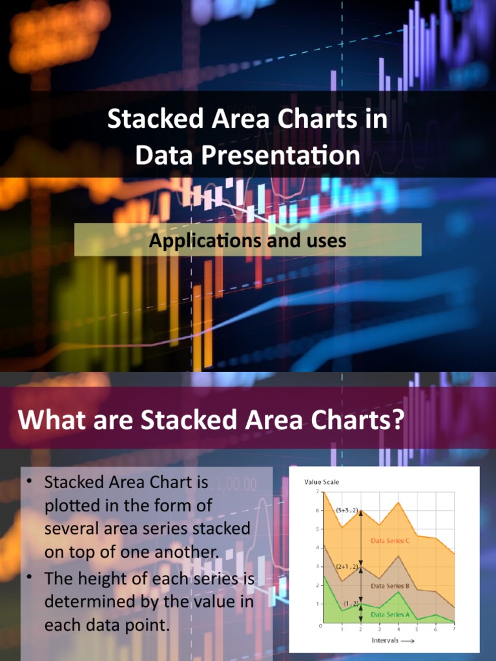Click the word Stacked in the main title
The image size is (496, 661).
coord(149,119)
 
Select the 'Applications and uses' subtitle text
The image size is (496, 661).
coord(247,241)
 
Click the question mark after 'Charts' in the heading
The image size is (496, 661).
coord(397,420)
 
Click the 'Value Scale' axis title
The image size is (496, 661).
coord(321,482)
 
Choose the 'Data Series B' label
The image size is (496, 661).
coord(389,586)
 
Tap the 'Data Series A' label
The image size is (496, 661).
coord(389,615)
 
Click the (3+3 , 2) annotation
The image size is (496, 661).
coord(346,510)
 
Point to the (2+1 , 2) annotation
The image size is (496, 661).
coord(346,566)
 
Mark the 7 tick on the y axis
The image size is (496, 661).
coord(317,492)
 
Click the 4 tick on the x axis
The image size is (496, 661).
coord(398,629)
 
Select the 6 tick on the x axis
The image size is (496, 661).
coord(437,629)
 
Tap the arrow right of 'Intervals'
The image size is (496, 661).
coord(408,641)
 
